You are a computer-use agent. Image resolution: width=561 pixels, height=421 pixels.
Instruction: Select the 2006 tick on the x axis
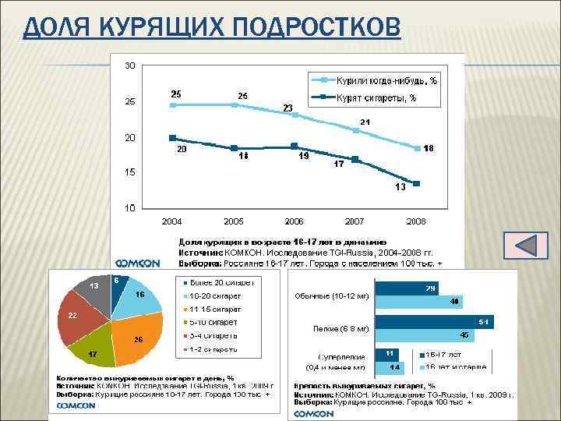pyautogui.click(x=294, y=221)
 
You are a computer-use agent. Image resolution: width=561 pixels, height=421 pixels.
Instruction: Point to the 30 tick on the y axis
pyautogui.click(x=129, y=65)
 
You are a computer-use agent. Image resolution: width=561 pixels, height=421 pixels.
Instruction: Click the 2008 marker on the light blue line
pyautogui.click(x=418, y=148)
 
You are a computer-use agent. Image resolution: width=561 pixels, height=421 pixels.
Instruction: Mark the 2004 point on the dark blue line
pyautogui.click(x=172, y=138)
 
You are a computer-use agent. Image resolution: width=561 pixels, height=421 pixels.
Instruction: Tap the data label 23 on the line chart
pyautogui.click(x=288, y=107)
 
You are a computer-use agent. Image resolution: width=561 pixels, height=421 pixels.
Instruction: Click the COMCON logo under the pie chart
pyautogui.click(x=76, y=405)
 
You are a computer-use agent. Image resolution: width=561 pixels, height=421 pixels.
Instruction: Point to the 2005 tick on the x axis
pyautogui.click(x=233, y=221)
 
